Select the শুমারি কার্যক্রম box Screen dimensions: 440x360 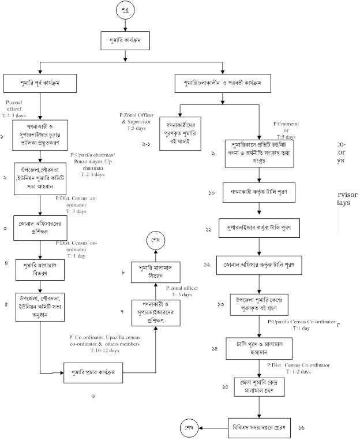tap(125, 42)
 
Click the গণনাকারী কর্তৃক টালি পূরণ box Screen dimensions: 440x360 tap(259, 192)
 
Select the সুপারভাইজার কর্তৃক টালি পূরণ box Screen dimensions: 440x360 tap(259, 228)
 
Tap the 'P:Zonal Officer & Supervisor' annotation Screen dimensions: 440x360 tap(137, 118)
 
